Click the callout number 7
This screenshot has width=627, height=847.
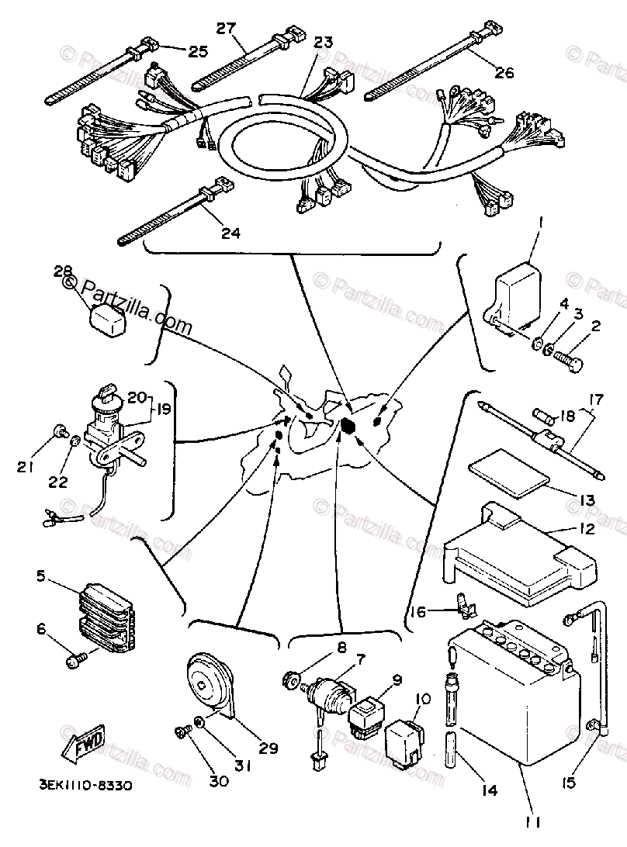coord(361,659)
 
